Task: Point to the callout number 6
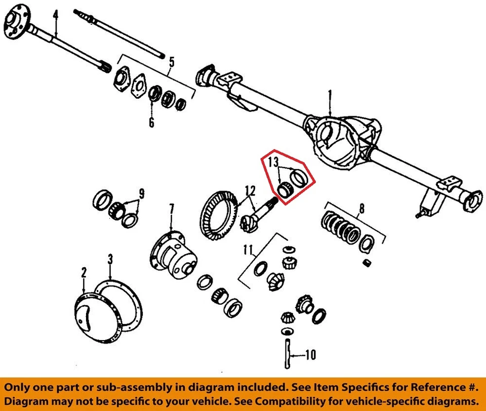(151, 122)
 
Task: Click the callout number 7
(172, 209)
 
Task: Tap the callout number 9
(142, 193)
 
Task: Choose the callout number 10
(310, 355)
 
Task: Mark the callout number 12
(249, 191)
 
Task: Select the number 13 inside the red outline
(273, 162)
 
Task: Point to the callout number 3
(110, 260)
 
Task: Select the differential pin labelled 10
(287, 355)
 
